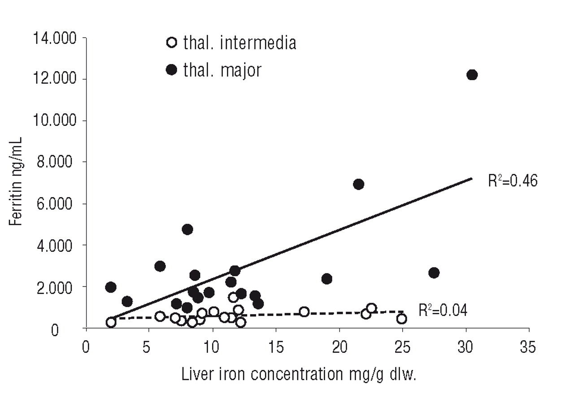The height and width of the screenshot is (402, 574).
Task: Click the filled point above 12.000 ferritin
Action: point(472,75)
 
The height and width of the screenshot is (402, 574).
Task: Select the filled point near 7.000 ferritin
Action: point(358,184)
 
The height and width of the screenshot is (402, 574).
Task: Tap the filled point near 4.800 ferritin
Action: point(187,229)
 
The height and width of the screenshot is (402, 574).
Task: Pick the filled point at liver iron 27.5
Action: point(434,273)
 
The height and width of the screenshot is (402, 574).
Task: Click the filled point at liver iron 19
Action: point(326,279)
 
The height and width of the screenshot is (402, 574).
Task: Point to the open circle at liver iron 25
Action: point(402,319)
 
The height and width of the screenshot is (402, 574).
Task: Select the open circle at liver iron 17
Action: point(304,312)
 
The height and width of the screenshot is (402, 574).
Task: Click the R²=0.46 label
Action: point(512,181)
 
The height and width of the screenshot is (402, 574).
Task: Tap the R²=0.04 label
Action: point(443,311)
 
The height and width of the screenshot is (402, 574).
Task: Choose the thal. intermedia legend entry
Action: point(231,43)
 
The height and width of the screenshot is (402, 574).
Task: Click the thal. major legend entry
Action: point(214,70)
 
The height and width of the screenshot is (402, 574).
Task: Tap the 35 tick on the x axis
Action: point(529,348)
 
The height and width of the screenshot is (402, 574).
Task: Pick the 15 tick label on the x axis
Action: point(276,348)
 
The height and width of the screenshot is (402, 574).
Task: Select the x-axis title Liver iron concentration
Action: point(299,374)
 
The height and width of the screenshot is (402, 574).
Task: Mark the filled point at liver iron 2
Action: point(111,287)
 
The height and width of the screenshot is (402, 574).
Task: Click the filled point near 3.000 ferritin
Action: point(160,266)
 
